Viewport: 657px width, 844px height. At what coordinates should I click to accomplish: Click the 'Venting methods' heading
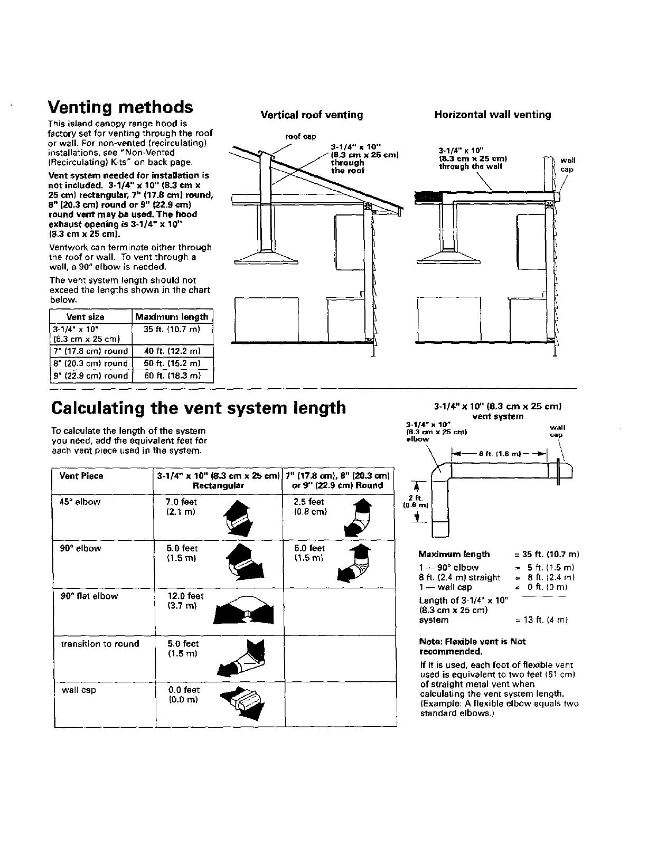point(120,107)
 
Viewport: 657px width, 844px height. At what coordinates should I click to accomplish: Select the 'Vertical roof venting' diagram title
point(312,115)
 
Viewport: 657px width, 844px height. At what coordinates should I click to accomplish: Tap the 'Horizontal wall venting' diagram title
point(492,115)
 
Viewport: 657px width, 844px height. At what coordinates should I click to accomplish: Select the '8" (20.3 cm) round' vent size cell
point(90,363)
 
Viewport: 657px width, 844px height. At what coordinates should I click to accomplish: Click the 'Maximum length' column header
point(172,317)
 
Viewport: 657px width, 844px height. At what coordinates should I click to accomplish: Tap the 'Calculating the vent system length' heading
point(199,408)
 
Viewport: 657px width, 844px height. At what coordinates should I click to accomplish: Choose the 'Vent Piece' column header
point(81,476)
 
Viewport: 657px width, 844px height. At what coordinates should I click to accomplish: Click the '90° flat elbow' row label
point(89,596)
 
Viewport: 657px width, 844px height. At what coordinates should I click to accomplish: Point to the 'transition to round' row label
point(100,644)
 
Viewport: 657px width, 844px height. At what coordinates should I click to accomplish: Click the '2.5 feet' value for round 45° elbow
point(309,502)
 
